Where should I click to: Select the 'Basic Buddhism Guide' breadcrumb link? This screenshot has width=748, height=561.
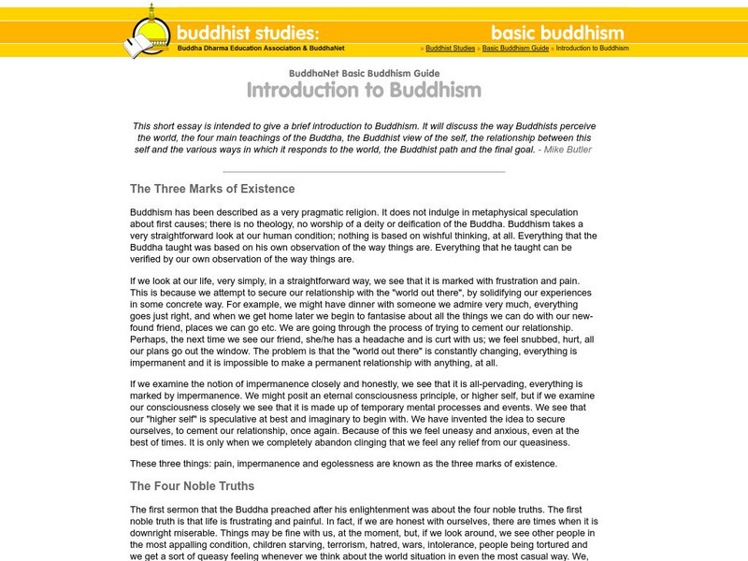pyautogui.click(x=515, y=49)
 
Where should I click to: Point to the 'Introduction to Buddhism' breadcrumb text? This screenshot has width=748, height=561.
pyautogui.click(x=592, y=49)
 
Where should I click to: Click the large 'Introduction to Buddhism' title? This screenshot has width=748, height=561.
pyautogui.click(x=364, y=91)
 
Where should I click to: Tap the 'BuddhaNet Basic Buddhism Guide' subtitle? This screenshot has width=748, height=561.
pyautogui.click(x=364, y=72)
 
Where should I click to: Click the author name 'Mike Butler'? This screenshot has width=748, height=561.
pyautogui.click(x=567, y=149)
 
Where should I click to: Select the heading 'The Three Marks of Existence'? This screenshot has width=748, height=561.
pyautogui.click(x=212, y=189)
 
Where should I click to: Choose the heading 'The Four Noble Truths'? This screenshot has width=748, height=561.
pyautogui.click(x=192, y=486)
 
